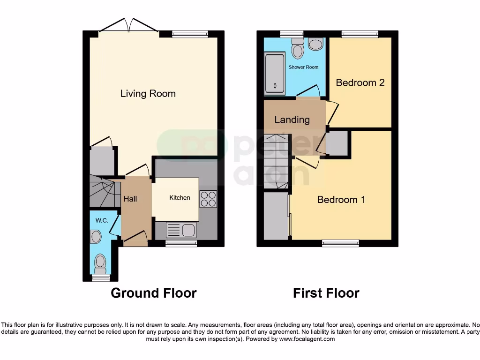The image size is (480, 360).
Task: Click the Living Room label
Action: pos(148,94)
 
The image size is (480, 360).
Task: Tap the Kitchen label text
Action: pos(180,198)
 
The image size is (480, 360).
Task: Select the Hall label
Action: pos(130,199)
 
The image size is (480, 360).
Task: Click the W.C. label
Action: pos(102,220)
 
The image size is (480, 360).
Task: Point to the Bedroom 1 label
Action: pos(341,200)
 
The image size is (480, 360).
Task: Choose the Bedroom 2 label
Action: pos(360,82)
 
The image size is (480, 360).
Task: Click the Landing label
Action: pos(292,120)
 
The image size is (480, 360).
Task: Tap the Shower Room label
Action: pos(303,67)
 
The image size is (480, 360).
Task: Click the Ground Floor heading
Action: pos(153,293)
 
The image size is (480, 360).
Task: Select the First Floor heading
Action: pos(326,293)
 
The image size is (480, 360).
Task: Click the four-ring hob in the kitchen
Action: pos(208,199)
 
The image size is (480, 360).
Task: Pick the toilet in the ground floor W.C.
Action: pos(100,263)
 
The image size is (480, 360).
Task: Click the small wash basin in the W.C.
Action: pos(96,237)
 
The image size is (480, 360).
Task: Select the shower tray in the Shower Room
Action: pos(275,74)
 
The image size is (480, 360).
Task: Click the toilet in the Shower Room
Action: pos(297,48)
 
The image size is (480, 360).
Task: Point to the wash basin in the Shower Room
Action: pos(316,45)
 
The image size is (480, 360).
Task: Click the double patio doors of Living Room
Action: pos(129,26)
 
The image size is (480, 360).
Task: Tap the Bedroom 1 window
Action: pos(340,243)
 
